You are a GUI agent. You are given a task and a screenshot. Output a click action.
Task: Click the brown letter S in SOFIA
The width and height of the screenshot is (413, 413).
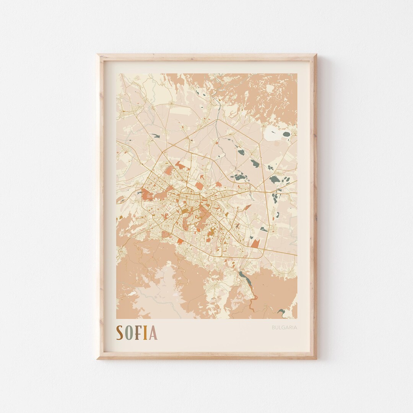coord(120,333)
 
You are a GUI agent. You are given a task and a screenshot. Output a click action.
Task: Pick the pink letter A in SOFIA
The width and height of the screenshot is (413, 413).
coord(153,333)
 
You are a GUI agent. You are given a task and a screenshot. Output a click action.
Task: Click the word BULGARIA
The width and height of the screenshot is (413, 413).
coord(284,327)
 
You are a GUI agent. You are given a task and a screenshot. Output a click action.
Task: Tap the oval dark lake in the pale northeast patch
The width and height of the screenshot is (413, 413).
coord(286,134)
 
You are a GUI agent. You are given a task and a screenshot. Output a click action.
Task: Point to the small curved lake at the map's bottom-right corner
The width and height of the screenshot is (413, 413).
coord(282,312)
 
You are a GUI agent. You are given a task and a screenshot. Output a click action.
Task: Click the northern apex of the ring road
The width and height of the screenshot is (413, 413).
coord(218,120)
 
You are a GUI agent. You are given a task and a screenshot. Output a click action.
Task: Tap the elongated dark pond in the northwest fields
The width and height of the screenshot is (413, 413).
coord(155,135)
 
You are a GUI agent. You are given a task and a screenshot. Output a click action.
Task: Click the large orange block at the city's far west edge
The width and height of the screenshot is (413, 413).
coord(148,195)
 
